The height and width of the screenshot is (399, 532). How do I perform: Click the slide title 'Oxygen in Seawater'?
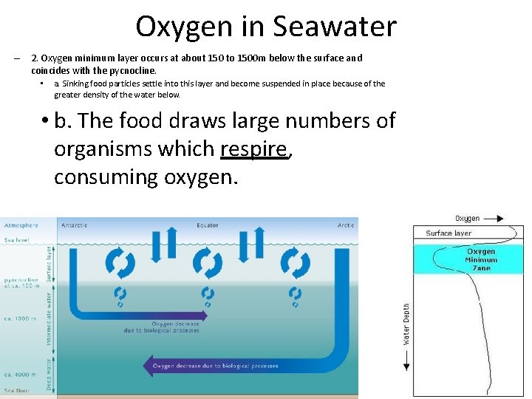coord(266,27)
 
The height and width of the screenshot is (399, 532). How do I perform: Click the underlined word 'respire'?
coord(253,149)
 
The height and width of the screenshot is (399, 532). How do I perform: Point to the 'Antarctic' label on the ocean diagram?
coord(75,225)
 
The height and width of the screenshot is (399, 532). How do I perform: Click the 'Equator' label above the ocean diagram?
coord(208,225)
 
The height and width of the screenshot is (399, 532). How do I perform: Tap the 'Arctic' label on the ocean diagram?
coord(346,225)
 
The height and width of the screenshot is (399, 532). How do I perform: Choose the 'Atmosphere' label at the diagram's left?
coord(21,225)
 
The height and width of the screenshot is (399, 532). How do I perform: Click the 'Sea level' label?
coord(17,240)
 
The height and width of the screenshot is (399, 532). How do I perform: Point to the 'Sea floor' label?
coord(18,389)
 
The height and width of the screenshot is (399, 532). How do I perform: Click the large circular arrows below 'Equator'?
coord(208,263)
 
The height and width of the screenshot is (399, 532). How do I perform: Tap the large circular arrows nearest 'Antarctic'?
coord(120,263)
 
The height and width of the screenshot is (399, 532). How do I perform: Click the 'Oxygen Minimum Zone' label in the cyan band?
coord(481,259)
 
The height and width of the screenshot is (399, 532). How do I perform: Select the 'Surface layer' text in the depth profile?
coord(448,233)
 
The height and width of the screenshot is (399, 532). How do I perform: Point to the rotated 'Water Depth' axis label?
coord(406,324)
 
